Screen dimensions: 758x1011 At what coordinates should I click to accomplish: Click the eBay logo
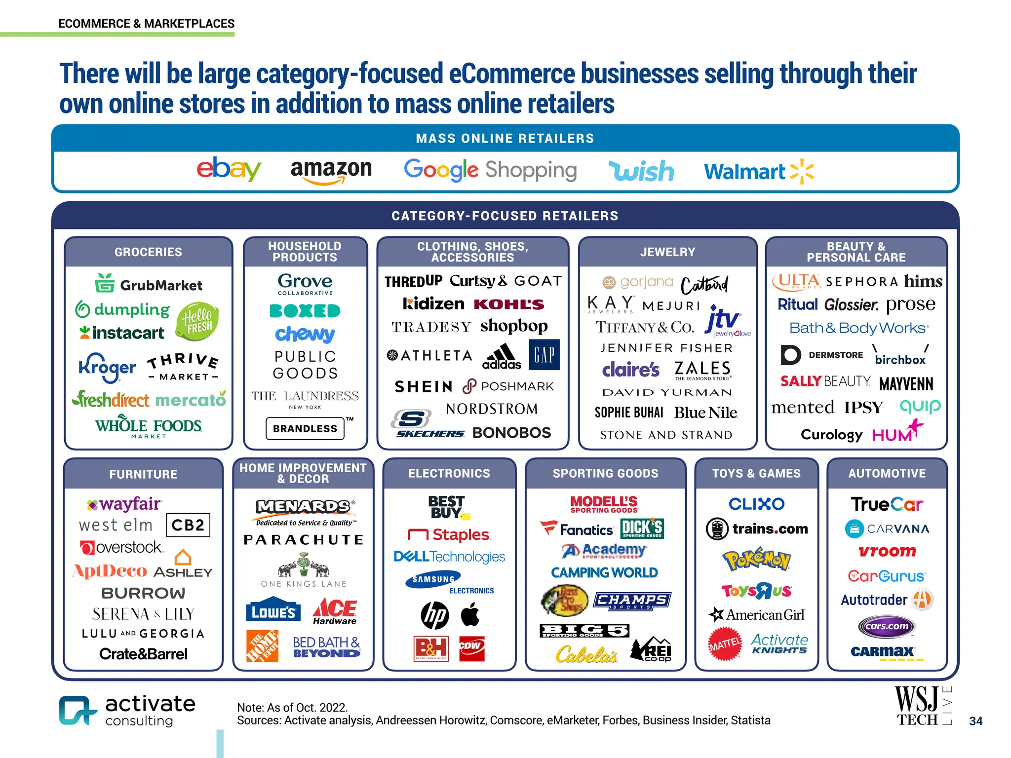click(x=229, y=169)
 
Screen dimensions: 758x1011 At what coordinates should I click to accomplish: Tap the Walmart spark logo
click(x=802, y=171)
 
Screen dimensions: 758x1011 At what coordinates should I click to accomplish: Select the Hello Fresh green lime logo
click(x=197, y=321)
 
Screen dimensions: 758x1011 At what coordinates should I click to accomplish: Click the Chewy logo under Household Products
click(x=305, y=334)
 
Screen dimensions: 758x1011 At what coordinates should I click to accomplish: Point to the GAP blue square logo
click(x=544, y=354)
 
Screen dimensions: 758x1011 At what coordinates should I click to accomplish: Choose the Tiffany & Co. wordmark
click(x=645, y=327)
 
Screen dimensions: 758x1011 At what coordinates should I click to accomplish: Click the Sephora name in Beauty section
click(x=861, y=282)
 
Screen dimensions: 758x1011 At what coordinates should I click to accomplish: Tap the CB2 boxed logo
click(x=188, y=525)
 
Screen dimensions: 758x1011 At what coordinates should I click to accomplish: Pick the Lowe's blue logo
click(x=273, y=612)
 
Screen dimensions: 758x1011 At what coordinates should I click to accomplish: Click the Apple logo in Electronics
click(x=470, y=615)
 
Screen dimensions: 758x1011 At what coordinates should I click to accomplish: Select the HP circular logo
click(x=434, y=616)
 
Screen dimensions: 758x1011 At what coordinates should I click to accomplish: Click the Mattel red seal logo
click(x=725, y=644)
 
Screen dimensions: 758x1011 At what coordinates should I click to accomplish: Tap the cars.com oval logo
click(x=887, y=626)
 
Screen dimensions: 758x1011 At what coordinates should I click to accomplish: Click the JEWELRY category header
click(x=667, y=252)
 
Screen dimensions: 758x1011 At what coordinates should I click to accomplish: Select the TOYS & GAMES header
click(x=756, y=473)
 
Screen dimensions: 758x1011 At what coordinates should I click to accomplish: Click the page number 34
click(x=975, y=721)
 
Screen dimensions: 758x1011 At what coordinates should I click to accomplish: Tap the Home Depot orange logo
click(x=262, y=645)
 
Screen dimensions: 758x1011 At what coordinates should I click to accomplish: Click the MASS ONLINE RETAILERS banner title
click(x=505, y=139)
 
